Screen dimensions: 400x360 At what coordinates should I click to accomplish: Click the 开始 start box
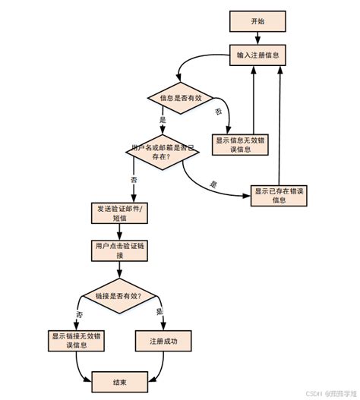point(258,22)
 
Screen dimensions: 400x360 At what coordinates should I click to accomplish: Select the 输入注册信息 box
point(258,55)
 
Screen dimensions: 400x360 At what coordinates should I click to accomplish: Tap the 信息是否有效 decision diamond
point(176,98)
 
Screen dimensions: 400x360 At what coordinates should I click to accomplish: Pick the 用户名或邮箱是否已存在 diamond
point(162,152)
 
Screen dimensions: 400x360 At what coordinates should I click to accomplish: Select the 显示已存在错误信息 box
point(279,195)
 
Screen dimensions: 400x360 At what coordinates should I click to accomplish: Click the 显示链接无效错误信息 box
point(78,340)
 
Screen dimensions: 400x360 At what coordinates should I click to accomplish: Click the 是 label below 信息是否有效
point(163,120)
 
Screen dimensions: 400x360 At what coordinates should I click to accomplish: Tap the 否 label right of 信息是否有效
point(219,112)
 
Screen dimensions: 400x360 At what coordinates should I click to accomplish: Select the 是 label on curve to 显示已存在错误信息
point(213,184)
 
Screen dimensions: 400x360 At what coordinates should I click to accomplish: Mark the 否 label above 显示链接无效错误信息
point(79,313)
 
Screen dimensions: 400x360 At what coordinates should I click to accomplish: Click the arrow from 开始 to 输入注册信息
point(258,39)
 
